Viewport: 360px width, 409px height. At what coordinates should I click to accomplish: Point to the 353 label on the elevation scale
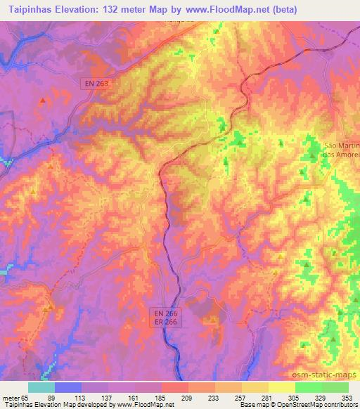347,398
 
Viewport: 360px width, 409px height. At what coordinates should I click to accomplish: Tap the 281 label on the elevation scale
267,398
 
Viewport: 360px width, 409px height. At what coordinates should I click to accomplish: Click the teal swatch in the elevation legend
41,387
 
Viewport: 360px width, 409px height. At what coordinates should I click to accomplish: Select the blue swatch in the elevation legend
67,387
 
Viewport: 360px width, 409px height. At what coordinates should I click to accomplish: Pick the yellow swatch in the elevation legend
281,387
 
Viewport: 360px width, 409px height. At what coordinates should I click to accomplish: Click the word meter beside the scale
10,398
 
